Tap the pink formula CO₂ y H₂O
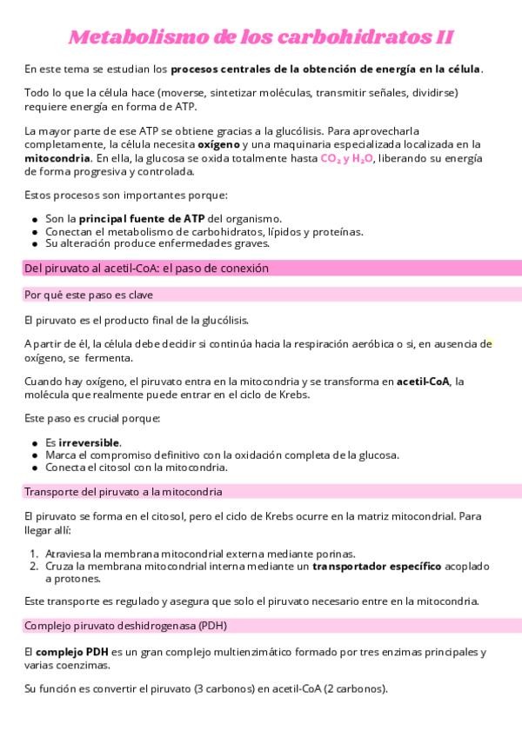(347, 159)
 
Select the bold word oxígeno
(218, 143)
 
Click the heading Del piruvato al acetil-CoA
(146, 269)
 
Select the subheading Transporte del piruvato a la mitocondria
(123, 491)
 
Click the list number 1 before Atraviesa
(33, 553)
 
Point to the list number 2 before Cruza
(33, 566)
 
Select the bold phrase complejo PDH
(65, 652)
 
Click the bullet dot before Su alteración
(34, 243)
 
